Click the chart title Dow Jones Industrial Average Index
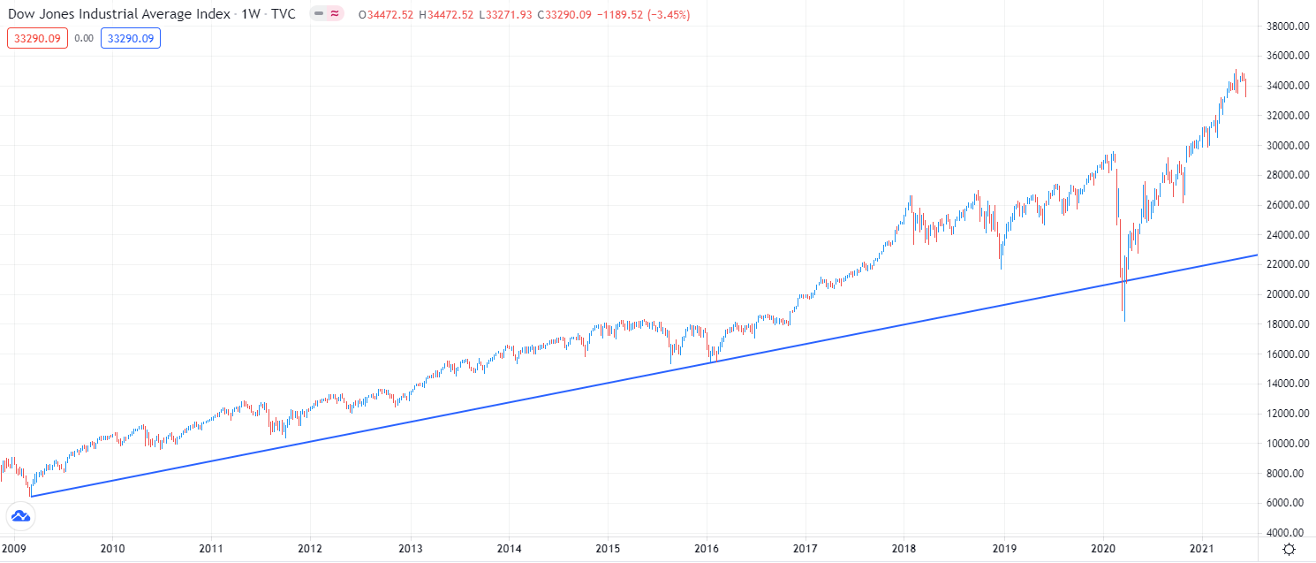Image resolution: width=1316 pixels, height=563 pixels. [x=119, y=14]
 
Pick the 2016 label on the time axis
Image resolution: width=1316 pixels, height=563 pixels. [x=707, y=549]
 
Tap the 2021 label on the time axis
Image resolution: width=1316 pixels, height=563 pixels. [x=1202, y=549]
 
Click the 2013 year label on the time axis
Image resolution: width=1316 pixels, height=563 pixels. [x=410, y=549]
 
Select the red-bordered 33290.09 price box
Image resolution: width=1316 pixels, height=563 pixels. [x=37, y=38]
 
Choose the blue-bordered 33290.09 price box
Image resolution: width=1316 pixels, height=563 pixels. [x=130, y=38]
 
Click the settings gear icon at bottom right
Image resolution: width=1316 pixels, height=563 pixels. [x=1290, y=550]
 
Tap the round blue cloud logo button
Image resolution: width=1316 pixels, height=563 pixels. [x=19, y=516]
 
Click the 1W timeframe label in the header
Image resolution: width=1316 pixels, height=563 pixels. [x=251, y=14]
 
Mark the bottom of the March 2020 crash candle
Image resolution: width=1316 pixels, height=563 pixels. [x=1123, y=321]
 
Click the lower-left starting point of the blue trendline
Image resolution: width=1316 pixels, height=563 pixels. [x=31, y=496]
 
